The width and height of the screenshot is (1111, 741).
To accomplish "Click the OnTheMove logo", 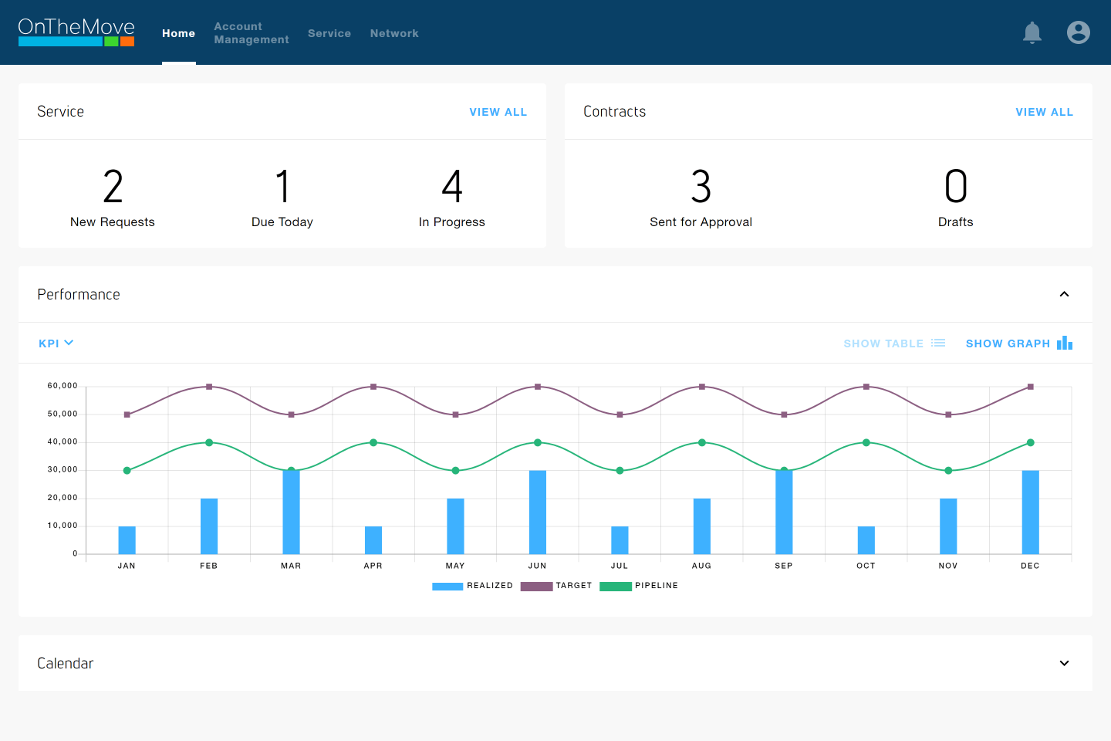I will click(76, 32).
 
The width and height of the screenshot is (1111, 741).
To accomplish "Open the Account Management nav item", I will click(251, 33).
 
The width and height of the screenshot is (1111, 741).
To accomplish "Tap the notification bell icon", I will click(1032, 32).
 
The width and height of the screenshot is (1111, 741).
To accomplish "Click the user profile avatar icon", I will click(1078, 32).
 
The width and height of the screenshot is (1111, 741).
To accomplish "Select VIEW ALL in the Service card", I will click(498, 112).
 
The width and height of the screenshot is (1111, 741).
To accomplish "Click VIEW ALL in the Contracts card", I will click(1044, 112).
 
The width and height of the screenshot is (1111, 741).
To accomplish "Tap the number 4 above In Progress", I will click(452, 187).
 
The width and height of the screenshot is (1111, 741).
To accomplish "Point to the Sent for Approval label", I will click(701, 222).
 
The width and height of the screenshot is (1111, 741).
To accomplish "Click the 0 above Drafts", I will click(955, 187).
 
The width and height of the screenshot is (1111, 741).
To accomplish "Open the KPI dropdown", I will click(56, 343).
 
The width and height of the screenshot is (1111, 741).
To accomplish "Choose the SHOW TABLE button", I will click(893, 343).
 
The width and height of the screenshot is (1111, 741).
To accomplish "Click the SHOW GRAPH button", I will click(1018, 343).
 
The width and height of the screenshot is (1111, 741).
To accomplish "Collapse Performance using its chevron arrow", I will click(1064, 294).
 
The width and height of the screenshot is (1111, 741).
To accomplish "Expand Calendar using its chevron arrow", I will click(1064, 663).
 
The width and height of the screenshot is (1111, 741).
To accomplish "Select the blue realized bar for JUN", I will click(538, 512).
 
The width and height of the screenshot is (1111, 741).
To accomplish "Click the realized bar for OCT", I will click(866, 540).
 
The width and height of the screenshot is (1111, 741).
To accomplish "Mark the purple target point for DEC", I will click(1030, 387).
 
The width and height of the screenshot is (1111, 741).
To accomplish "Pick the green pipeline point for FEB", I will click(209, 443).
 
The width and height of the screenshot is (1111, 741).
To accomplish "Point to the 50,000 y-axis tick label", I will click(62, 414).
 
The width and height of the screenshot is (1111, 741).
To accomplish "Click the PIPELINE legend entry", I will click(639, 586).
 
